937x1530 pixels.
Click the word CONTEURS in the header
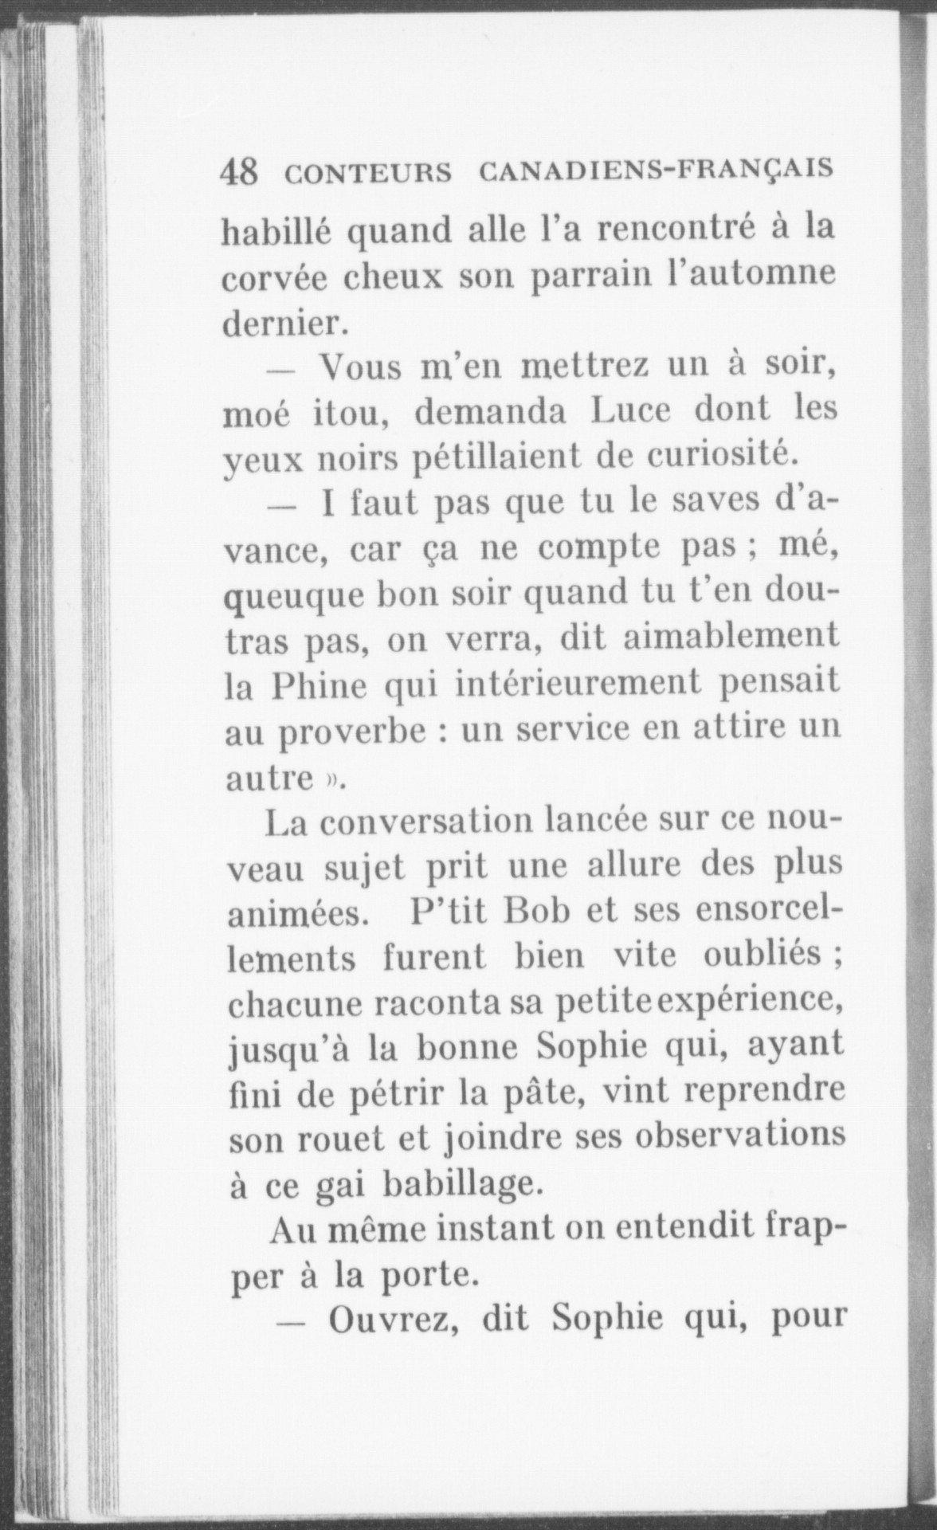367,173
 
